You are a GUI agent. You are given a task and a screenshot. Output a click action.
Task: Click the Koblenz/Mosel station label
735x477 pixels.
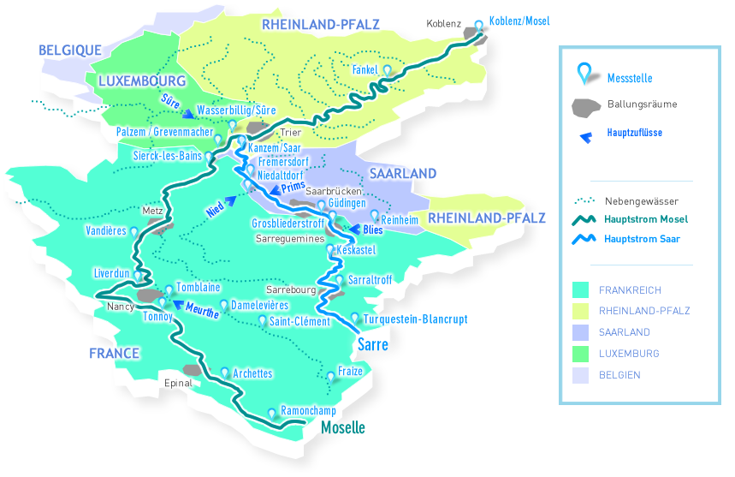[x=519, y=20]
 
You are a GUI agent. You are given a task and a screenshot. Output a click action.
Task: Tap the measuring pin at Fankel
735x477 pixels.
[x=388, y=71]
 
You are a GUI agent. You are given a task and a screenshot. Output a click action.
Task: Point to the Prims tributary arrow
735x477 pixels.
[x=265, y=190]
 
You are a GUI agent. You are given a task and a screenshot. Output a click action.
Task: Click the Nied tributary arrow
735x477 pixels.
[x=229, y=198]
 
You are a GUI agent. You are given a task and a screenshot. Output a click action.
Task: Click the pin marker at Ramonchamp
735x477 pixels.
[x=272, y=413]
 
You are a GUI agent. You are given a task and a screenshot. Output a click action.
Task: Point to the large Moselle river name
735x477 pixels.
[x=342, y=427]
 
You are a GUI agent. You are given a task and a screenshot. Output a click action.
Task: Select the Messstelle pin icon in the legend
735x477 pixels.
[x=584, y=75]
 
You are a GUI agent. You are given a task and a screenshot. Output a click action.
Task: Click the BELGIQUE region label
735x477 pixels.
[x=70, y=51]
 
